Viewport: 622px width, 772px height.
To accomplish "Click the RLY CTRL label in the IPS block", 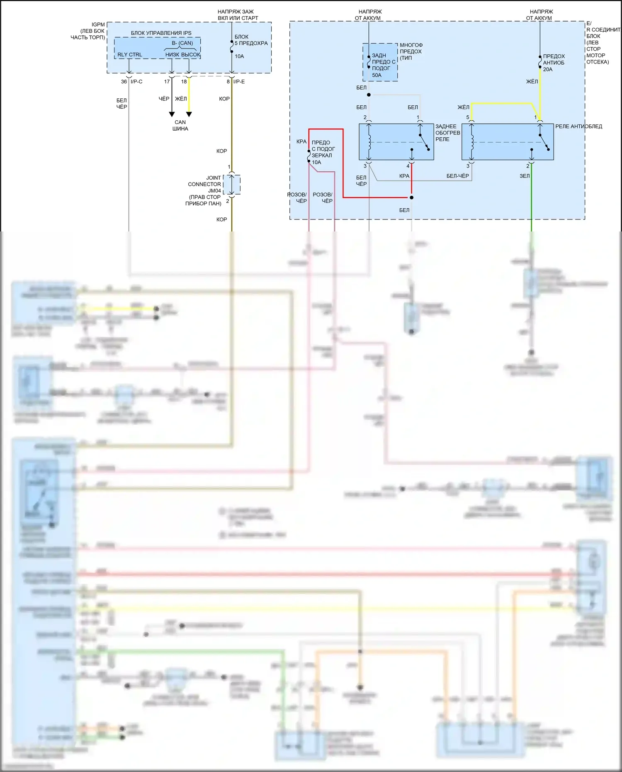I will [x=129, y=55].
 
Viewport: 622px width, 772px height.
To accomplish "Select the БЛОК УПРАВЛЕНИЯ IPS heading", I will [x=161, y=33].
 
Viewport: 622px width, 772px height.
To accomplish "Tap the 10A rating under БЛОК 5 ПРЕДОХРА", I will [x=239, y=56].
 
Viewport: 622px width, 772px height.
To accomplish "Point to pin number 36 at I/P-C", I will [x=124, y=82].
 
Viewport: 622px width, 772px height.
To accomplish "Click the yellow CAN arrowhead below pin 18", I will [x=189, y=114].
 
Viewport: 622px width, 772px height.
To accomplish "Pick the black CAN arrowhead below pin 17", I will [x=172, y=114].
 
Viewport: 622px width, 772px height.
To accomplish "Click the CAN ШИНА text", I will [x=180, y=125].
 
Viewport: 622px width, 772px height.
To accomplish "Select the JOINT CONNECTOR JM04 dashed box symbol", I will [x=232, y=185].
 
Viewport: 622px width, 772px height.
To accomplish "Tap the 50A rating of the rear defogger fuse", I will [x=377, y=75].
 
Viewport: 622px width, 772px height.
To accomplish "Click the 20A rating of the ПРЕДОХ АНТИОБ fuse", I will [x=548, y=70].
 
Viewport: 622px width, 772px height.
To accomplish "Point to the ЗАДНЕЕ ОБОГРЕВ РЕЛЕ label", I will [x=447, y=133].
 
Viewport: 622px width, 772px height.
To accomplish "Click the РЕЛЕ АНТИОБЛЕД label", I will [x=578, y=127].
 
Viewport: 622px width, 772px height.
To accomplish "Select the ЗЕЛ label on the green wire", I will [x=525, y=176].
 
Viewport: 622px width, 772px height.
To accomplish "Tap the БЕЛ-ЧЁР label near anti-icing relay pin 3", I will [x=457, y=176].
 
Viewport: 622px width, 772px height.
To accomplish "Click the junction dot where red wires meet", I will [x=411, y=197].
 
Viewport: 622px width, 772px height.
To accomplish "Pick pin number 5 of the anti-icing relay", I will [x=468, y=117].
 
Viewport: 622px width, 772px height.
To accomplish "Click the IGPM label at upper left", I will [x=98, y=25].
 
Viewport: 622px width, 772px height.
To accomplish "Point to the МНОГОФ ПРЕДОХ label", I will [x=411, y=49].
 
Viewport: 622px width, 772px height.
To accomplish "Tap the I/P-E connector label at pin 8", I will [x=239, y=82].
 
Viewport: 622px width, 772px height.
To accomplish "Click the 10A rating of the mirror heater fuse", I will [x=316, y=163].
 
